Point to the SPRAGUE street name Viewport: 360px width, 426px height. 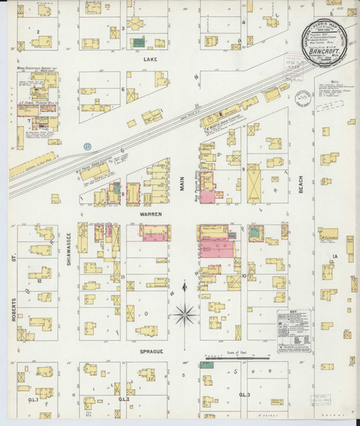point(152,350)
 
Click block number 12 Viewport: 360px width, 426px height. point(40,281)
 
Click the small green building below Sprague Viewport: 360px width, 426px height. point(209,365)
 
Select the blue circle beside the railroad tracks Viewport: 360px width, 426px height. point(87,146)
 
